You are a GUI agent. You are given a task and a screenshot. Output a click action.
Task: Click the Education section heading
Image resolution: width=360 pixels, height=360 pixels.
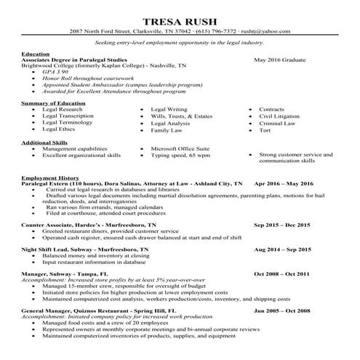(36, 55)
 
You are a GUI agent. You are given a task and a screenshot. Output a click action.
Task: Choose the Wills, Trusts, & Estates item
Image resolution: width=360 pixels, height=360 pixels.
(181, 116)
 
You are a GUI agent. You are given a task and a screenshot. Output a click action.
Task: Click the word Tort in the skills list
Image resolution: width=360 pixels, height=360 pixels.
(265, 130)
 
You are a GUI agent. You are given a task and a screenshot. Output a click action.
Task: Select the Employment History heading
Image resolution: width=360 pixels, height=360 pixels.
(50, 178)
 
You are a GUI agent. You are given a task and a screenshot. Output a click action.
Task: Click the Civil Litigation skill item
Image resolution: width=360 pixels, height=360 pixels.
(280, 116)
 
